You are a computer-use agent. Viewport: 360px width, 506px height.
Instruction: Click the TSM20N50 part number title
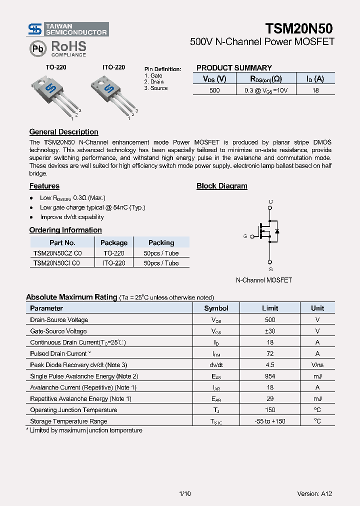pos(299,28)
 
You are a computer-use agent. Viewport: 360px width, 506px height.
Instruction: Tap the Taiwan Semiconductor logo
pos(68,29)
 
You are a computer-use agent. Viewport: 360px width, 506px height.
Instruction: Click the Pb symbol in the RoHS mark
pos(38,49)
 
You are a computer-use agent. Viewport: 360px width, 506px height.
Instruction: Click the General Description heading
pos(63,132)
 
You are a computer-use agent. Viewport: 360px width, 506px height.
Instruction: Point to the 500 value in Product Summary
pos(214,90)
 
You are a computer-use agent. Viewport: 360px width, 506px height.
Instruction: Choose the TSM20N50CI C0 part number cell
pos(56,263)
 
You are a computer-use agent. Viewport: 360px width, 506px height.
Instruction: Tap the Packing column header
pos(161,242)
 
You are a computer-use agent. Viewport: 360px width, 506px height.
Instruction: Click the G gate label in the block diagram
pos(245,236)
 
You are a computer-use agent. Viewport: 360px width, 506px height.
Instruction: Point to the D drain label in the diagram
pos(270,202)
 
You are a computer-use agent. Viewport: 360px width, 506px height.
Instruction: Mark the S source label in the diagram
pos(270,269)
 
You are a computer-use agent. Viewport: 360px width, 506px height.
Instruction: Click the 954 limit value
pos(270,376)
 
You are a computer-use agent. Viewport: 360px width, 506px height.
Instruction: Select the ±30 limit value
pos(270,331)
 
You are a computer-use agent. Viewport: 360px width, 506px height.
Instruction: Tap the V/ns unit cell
pos(317,365)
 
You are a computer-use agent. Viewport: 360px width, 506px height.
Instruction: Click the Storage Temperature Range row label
pos(68,421)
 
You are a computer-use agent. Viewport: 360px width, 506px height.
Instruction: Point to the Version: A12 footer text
pos(314,493)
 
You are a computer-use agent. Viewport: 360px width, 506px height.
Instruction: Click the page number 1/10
pos(184,493)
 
